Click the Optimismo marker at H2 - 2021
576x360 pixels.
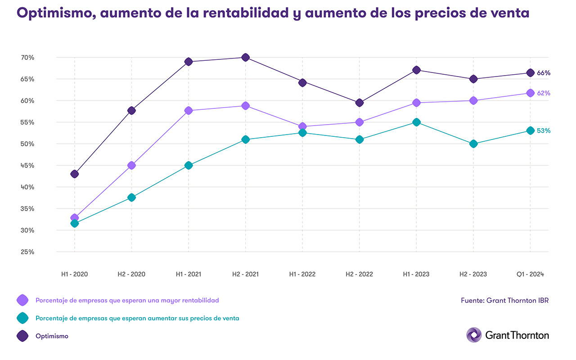tap(245, 58)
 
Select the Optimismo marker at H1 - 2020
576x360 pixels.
tap(75, 174)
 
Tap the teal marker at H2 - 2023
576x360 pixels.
tap(473, 144)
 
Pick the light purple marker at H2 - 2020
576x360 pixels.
tap(131, 166)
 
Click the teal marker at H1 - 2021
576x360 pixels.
tap(189, 166)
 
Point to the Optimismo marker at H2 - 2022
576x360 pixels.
tap(359, 103)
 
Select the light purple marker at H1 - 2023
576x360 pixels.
tap(416, 103)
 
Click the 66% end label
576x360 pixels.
tap(544, 73)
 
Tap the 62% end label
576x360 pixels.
tap(544, 93)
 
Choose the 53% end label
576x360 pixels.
tap(544, 131)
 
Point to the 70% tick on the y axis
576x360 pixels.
tap(27, 58)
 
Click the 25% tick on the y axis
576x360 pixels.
tap(27, 252)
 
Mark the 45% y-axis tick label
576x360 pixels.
tap(27, 166)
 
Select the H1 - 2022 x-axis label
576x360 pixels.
tap(302, 274)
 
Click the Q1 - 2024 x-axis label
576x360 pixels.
tap(530, 274)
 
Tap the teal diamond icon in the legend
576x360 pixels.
tap(22, 318)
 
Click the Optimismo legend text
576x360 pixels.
tap(52, 336)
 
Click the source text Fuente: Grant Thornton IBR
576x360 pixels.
tap(504, 300)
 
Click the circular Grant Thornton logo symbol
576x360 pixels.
tap(474, 335)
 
